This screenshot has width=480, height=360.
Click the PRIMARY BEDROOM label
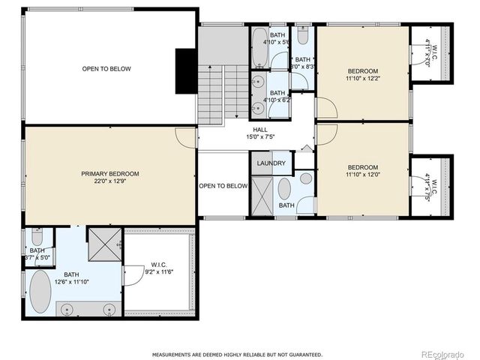[x=110, y=177]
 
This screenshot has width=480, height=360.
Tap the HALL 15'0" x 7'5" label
[x=260, y=133]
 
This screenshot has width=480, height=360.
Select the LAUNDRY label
[x=271, y=163]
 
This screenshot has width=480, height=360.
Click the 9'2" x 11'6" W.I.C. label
[x=159, y=268]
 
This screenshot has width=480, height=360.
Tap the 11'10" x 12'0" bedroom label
[x=362, y=171]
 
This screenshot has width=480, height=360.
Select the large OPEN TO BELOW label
[x=106, y=69]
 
